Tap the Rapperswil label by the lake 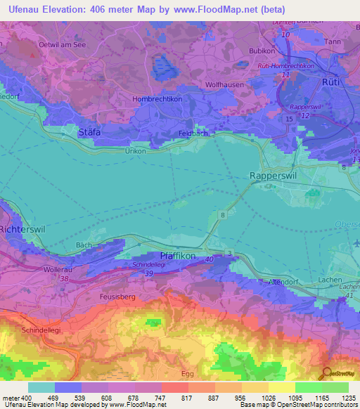pyautogui.click(x=275, y=176)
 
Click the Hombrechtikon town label pyautogui.click(x=157, y=99)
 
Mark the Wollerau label pyautogui.click(x=58, y=268)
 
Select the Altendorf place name pyautogui.click(x=266, y=281)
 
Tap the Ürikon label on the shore pyautogui.click(x=135, y=151)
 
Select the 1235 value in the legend pyautogui.click(x=349, y=398)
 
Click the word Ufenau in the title pyautogui.click(x=22, y=9)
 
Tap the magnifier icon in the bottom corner pyautogui.click(x=327, y=372)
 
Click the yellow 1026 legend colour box pyautogui.click(x=255, y=387)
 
